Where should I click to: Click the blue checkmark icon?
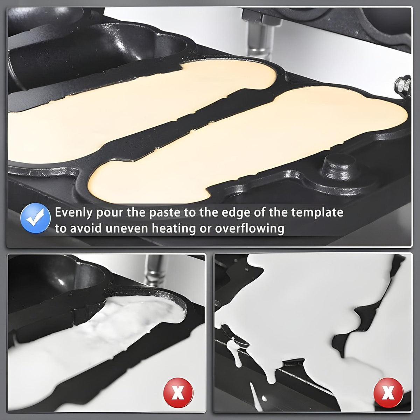click(35, 218)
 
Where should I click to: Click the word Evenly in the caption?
click(73, 213)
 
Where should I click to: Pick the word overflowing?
click(250, 229)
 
